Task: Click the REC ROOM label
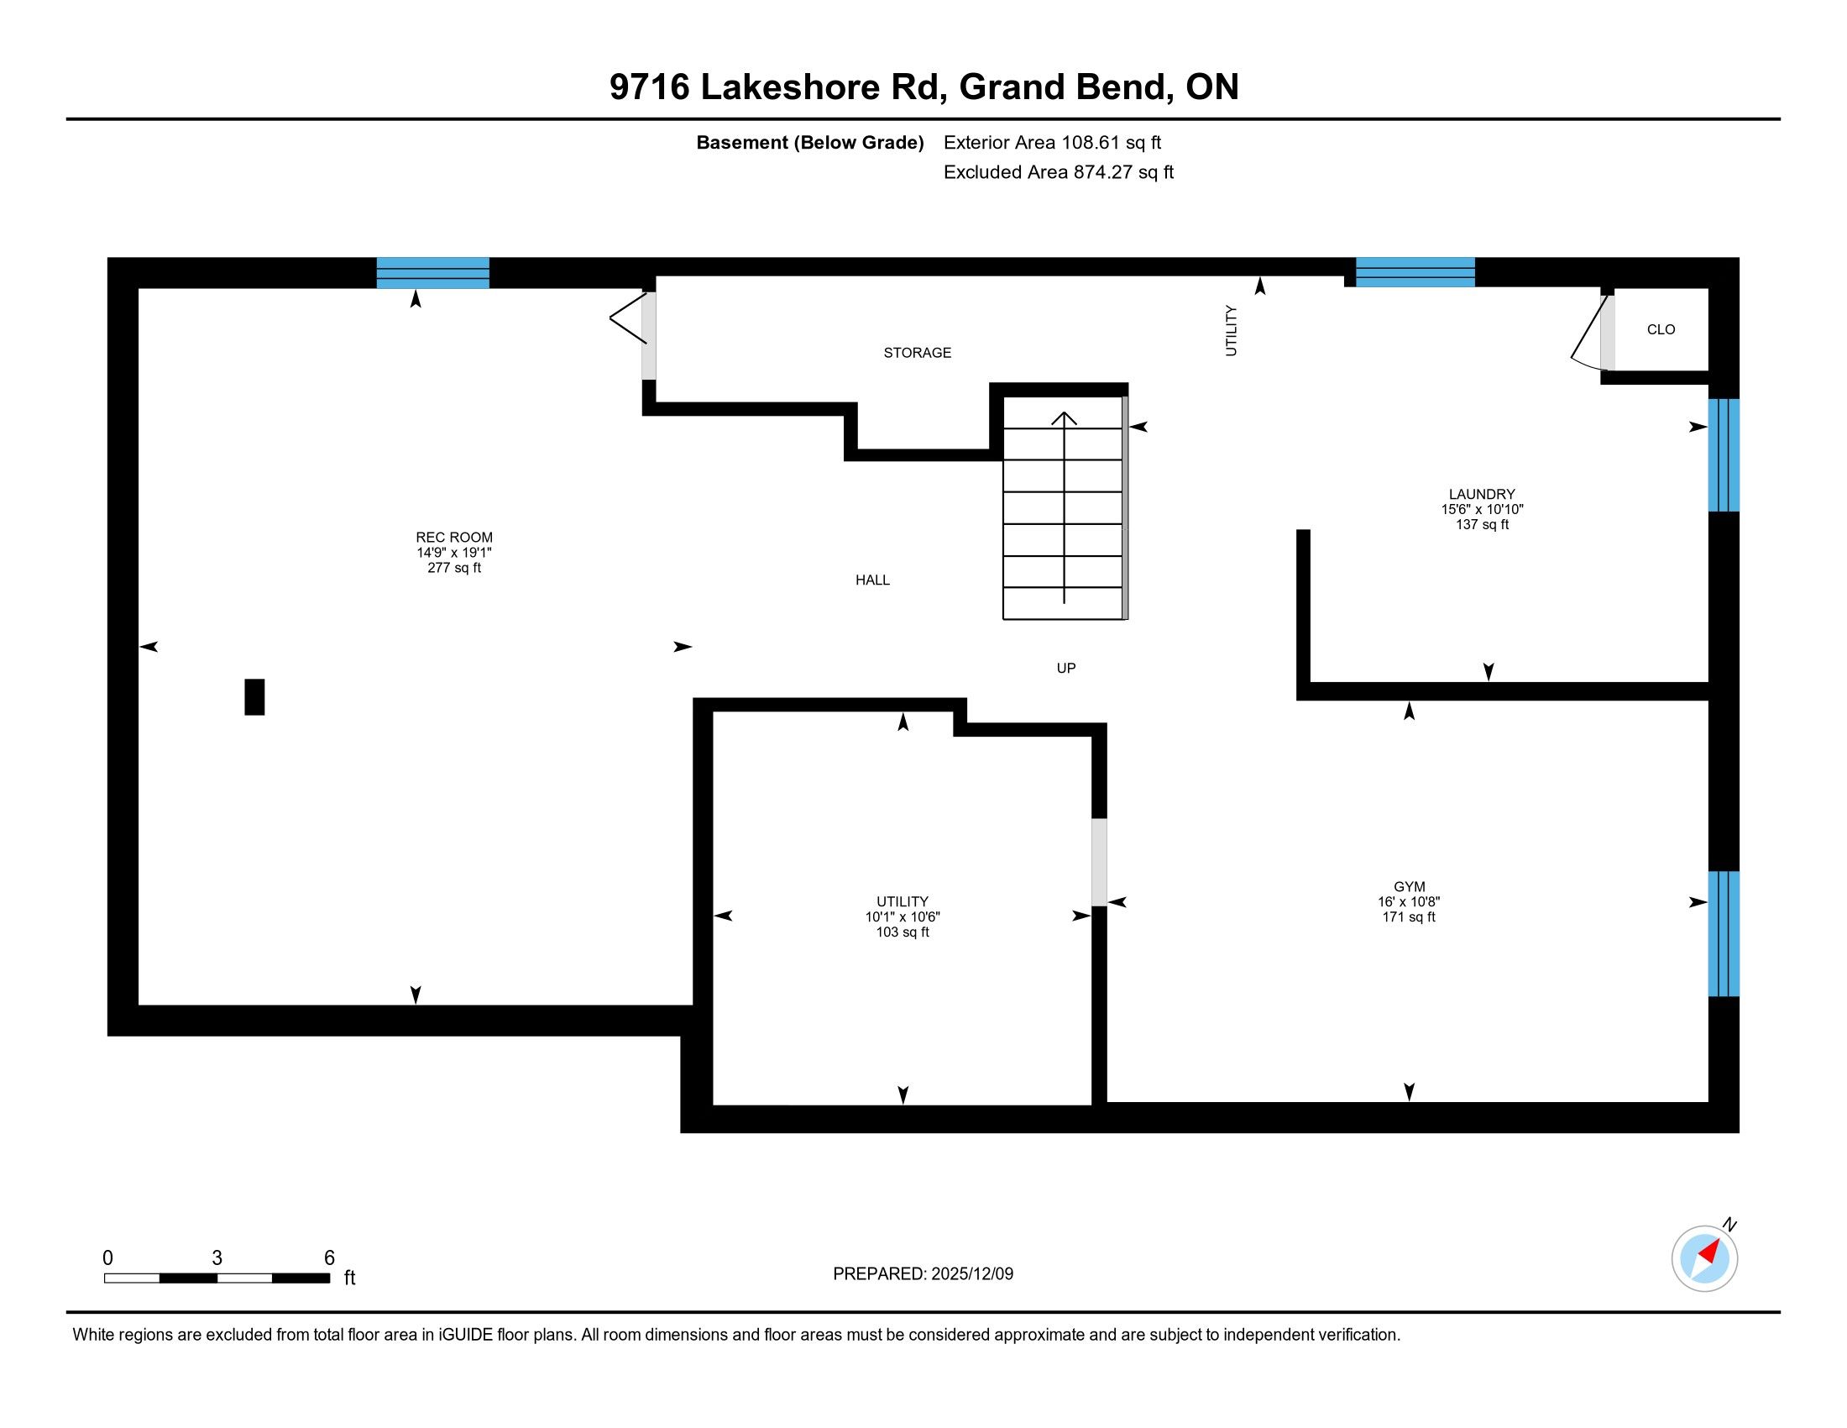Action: click(454, 538)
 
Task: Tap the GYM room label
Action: click(1409, 886)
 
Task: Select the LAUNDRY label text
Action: click(1482, 494)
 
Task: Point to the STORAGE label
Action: click(918, 353)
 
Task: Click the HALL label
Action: click(873, 580)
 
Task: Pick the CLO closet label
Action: click(1661, 330)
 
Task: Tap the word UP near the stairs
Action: click(1066, 669)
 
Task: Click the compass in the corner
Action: click(1705, 1258)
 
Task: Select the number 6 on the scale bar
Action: click(330, 1258)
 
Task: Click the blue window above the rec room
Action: click(433, 273)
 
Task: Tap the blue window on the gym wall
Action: click(1724, 934)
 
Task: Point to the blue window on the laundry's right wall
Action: click(1724, 455)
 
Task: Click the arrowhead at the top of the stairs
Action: click(1064, 418)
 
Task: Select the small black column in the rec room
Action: click(254, 697)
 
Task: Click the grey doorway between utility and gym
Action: click(1099, 862)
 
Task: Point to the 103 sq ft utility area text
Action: click(903, 932)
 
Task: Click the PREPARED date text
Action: click(923, 1274)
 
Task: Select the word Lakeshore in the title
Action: click(790, 87)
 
